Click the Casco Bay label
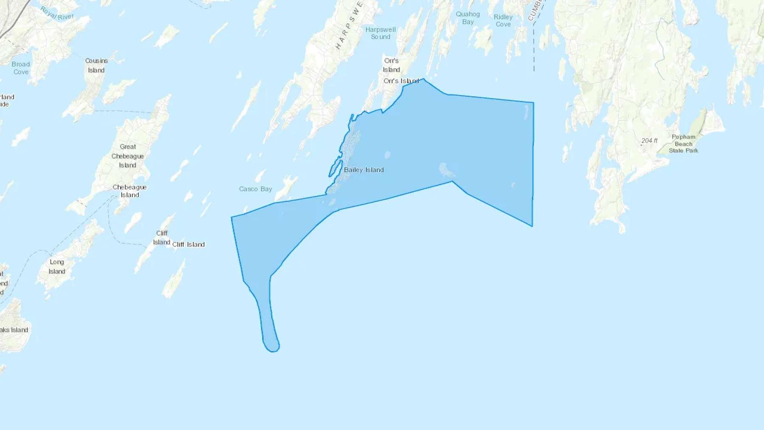[255, 189]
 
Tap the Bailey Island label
[363, 170]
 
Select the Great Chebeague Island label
[127, 156]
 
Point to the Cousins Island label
[96, 65]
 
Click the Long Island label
[57, 267]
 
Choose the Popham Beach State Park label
[683, 143]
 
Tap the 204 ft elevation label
[649, 141]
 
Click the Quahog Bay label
[468, 18]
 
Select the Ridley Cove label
[503, 20]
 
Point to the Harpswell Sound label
[380, 33]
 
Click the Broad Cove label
[21, 68]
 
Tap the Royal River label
[57, 14]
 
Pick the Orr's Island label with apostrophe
[401, 81]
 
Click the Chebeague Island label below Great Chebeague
[129, 191]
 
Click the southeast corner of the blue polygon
[532, 226]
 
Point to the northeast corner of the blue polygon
[533, 103]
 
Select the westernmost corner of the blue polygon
[231, 217]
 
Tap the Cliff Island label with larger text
[188, 245]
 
